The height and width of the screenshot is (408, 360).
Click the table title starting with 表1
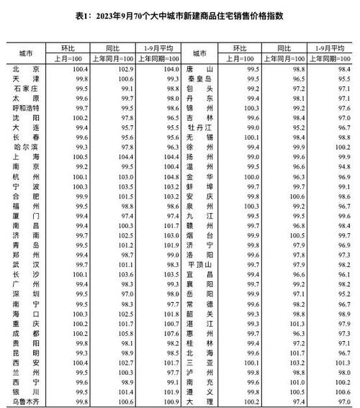pyautogui.click(x=180, y=15)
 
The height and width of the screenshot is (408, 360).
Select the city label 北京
pyautogui.click(x=26, y=68)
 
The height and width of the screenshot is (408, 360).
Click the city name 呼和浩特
pyautogui.click(x=26, y=106)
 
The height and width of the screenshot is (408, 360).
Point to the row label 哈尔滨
pyautogui.click(x=26, y=145)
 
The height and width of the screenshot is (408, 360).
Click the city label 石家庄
pyautogui.click(x=26, y=87)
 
